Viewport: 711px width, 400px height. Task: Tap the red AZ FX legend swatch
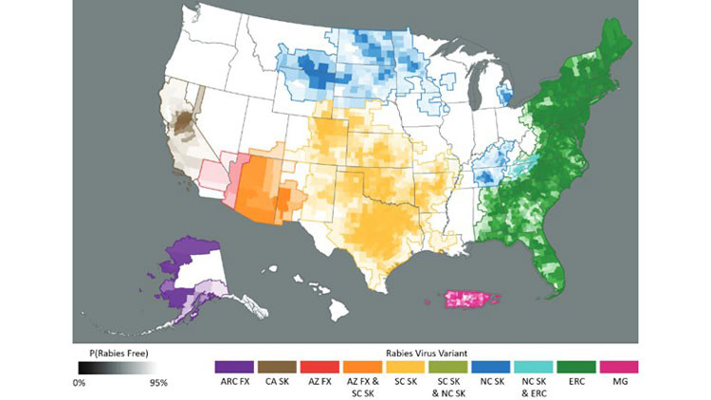click(x=321, y=365)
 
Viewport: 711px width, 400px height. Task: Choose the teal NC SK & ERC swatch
click(x=533, y=365)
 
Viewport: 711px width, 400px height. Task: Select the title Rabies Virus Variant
click(x=425, y=349)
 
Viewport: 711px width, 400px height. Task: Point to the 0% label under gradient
click(x=80, y=383)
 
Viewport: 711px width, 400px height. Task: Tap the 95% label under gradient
click(x=157, y=383)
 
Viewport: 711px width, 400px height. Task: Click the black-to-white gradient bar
click(x=118, y=367)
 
